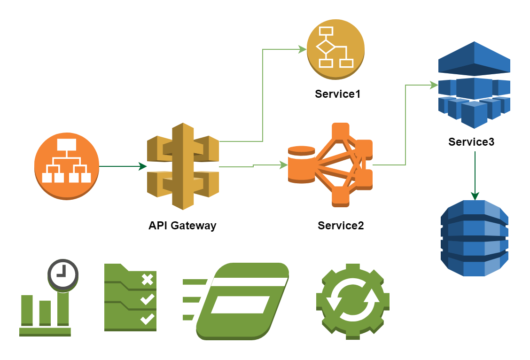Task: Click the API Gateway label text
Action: click(182, 225)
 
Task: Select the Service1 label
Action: click(337, 94)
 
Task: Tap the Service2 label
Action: click(341, 225)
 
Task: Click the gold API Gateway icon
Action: click(183, 166)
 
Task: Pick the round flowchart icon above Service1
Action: click(335, 49)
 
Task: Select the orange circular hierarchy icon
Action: click(67, 166)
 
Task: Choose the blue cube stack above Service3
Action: click(474, 85)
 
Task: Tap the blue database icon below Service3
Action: click(475, 238)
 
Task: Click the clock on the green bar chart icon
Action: click(62, 273)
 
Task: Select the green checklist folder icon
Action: click(130, 297)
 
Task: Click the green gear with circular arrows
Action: click(353, 301)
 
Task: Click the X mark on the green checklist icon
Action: click(148, 280)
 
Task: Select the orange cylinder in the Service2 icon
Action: click(301, 164)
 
